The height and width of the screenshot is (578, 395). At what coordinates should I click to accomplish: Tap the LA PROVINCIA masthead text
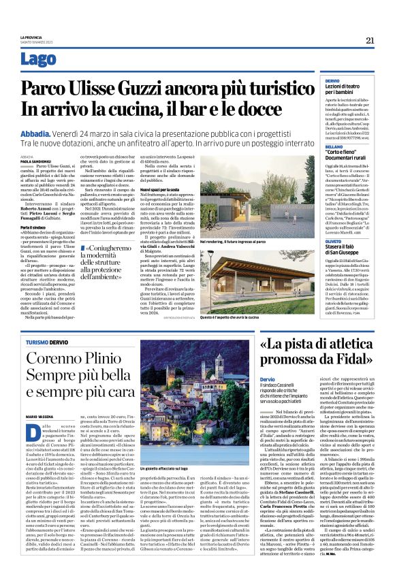pos(31,37)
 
